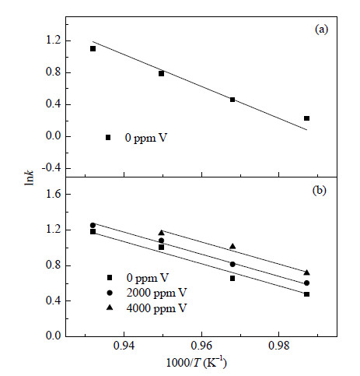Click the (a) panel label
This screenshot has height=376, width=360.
pos(321,30)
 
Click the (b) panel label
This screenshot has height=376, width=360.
pos(320,191)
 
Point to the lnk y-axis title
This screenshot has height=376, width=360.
pos(30,177)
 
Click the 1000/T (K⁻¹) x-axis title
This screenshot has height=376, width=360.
pos(196,363)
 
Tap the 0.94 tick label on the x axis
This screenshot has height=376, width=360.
pos(124,346)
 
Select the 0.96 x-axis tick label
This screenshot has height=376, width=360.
pos(201,346)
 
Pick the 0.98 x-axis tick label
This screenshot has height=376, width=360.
pos(278,346)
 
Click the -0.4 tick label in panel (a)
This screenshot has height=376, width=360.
pos(51,168)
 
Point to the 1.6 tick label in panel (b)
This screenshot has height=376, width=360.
pos(54,194)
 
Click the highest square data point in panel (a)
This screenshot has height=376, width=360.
pos(93,49)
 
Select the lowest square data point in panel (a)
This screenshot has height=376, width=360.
pos(307,118)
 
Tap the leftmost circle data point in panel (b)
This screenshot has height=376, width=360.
pos(93,225)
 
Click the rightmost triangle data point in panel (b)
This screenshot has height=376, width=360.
pos(307,272)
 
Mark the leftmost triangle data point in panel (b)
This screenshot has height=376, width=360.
pos(162,233)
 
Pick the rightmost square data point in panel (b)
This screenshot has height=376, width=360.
pos(307,294)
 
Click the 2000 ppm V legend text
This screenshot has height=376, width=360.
pos(156,293)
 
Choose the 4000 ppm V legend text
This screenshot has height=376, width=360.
pos(156,308)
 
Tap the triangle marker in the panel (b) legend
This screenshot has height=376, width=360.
pos(110,307)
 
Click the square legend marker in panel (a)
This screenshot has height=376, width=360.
pos(108,138)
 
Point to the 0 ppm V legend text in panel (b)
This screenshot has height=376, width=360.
pos(148,278)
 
